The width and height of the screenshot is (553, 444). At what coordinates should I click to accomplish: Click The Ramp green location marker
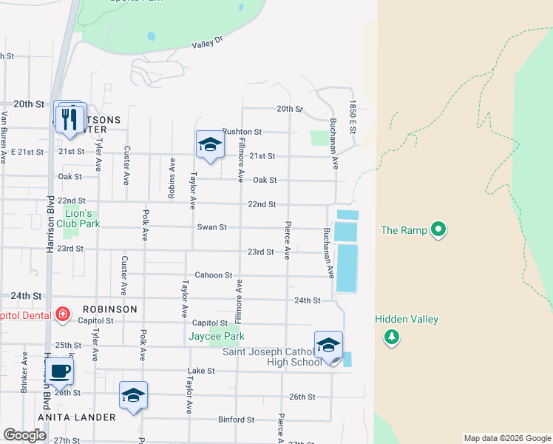pos(438,230)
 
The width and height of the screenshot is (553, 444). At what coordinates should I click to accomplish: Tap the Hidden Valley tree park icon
pos(392,337)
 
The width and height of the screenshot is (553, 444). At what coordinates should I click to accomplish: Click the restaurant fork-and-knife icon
pos(70,119)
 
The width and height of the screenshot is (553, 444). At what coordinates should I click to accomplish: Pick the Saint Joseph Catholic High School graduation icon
pos(328,345)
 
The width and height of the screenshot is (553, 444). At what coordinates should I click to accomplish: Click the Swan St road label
pos(211,227)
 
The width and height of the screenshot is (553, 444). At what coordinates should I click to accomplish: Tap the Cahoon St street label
pos(214,275)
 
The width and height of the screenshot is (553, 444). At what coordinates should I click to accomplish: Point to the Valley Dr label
pos(207,44)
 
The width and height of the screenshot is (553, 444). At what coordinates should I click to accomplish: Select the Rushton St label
pos(242,132)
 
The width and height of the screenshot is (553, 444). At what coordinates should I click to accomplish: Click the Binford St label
pos(237,420)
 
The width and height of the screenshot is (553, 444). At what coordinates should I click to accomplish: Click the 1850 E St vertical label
pos(353,118)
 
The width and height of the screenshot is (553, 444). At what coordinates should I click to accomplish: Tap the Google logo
pos(24,435)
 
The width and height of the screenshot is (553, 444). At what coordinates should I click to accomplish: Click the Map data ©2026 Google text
pos(506,438)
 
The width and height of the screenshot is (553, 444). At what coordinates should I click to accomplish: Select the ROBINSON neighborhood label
pos(110,309)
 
